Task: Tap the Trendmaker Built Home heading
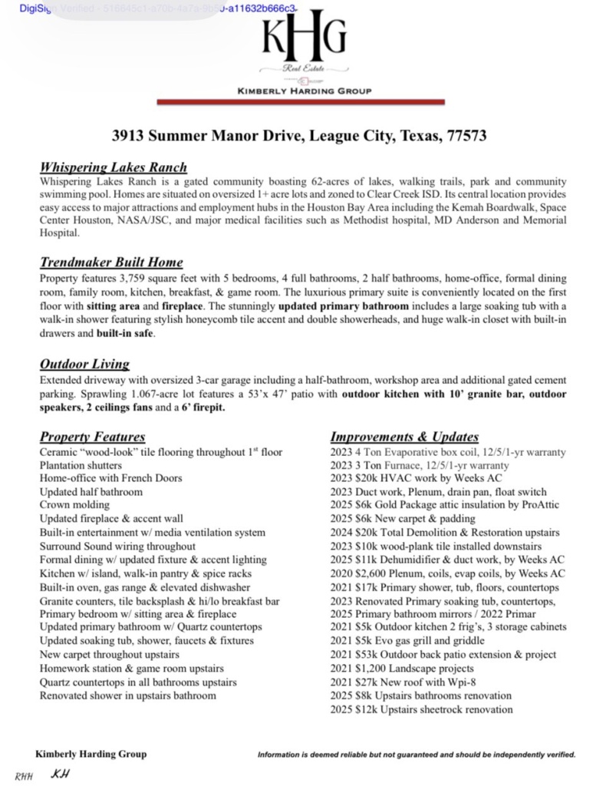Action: pyautogui.click(x=111, y=263)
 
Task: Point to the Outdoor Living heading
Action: pyautogui.click(x=84, y=364)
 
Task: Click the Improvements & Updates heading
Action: pyautogui.click(x=404, y=437)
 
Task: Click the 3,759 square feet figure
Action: pyautogui.click(x=153, y=278)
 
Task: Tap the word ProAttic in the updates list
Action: pyautogui.click(x=537, y=505)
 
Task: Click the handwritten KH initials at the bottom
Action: pyautogui.click(x=60, y=773)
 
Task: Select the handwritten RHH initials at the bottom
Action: pyautogui.click(x=25, y=775)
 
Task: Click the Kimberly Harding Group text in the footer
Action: pyautogui.click(x=91, y=754)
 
